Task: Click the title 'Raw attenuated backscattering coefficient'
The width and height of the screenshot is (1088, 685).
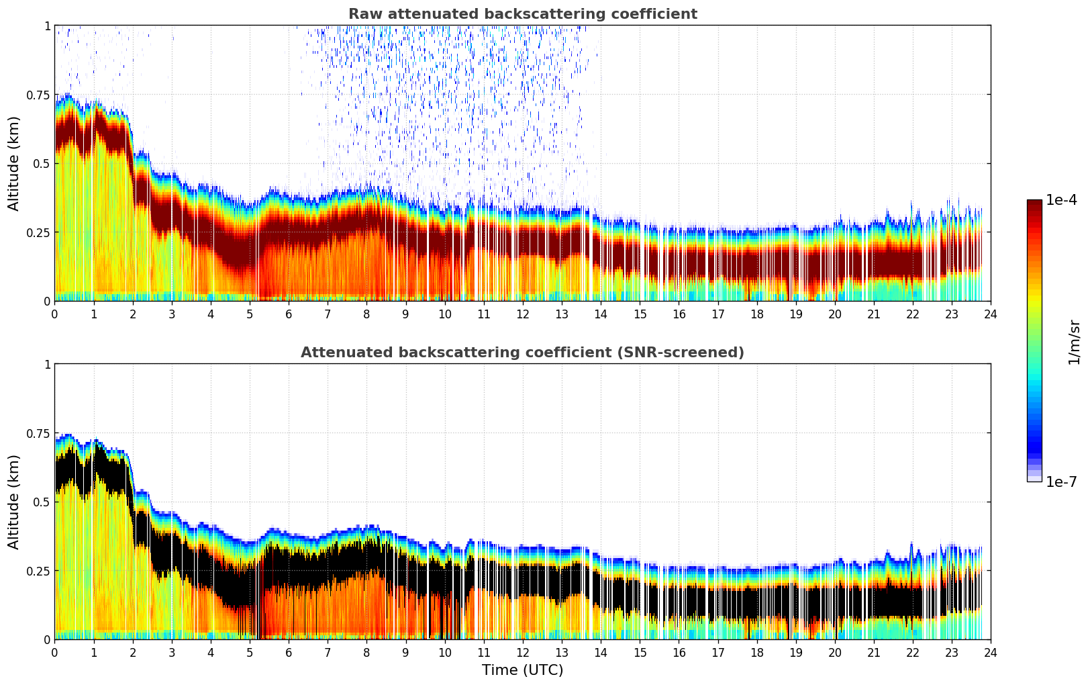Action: [x=522, y=14]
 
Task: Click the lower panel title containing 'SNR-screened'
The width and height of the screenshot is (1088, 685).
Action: [x=522, y=353]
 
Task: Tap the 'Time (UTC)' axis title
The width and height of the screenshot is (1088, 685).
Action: [x=522, y=670]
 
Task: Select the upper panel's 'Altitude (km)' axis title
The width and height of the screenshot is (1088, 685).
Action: [x=14, y=163]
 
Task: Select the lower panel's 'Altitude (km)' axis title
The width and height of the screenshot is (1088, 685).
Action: [x=14, y=502]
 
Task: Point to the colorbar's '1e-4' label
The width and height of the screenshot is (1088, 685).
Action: [x=1061, y=200]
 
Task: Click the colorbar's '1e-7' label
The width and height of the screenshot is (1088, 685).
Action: [x=1061, y=482]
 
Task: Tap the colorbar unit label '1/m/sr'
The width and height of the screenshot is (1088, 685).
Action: [x=1074, y=342]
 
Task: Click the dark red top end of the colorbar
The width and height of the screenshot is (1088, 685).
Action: [x=1034, y=203]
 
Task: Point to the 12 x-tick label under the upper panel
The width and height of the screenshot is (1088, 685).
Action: [x=522, y=314]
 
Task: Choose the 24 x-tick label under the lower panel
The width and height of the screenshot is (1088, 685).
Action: [x=991, y=652]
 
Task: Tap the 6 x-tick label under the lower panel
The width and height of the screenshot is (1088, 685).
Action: [x=289, y=652]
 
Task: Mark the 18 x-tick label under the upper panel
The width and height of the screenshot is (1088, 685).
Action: [x=756, y=314]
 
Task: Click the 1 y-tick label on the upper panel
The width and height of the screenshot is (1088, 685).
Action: [x=47, y=26]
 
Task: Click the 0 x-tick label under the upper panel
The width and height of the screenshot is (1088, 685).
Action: [x=55, y=314]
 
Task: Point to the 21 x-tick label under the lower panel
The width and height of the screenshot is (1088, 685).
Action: [x=873, y=652]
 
